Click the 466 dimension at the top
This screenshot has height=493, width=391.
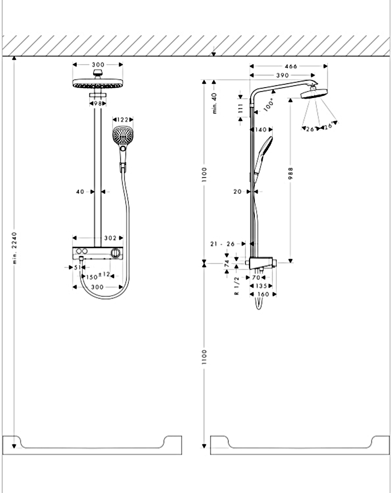tap(291, 66)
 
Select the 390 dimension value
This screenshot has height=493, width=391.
tap(282, 75)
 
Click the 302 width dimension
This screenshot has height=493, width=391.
tap(110, 238)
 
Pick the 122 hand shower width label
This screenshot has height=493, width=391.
tap(123, 119)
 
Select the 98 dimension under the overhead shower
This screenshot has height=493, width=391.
tap(98, 103)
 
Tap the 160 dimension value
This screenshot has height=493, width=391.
tap(263, 294)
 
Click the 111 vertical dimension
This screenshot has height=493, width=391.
tap(240, 108)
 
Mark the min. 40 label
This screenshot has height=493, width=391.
tap(215, 103)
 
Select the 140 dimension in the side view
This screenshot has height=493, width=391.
tap(261, 130)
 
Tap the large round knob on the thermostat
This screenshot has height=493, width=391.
tap(115, 252)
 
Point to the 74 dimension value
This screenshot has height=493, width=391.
tap(227, 263)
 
